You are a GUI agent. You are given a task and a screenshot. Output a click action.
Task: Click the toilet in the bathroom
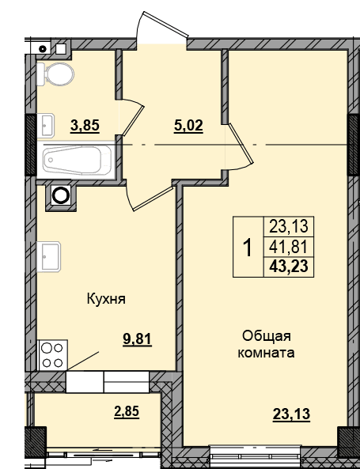tap(55, 74)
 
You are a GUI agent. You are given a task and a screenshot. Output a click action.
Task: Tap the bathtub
tap(78, 160)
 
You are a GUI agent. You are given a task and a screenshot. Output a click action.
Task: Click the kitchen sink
tap(48, 257)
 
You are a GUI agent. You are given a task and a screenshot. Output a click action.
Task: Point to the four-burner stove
tap(52, 355)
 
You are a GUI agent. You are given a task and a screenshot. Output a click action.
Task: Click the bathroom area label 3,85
tap(85, 126)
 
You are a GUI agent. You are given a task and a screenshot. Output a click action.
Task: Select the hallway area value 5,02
tap(188, 126)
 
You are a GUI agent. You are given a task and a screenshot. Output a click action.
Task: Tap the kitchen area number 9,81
tap(138, 339)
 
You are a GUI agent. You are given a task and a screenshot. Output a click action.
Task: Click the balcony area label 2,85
tap(127, 411)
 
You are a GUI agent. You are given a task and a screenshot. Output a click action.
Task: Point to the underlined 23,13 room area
tap(291, 414)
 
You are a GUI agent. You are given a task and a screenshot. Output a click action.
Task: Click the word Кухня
tap(106, 299)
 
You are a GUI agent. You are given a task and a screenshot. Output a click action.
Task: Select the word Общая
tap(267, 336)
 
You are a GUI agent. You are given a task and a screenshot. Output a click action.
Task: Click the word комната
tap(266, 353)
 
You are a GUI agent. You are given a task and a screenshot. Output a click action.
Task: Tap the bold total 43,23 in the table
tap(289, 267)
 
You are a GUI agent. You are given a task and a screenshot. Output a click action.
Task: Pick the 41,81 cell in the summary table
tap(289, 248)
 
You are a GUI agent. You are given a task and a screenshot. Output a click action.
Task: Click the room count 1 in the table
tap(248, 248)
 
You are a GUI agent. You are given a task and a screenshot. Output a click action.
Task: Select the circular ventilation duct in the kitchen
tap(61, 195)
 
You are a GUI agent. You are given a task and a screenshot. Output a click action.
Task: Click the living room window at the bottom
tap(255, 454)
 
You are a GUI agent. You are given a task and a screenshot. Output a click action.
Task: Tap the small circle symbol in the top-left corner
tap(44, 49)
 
